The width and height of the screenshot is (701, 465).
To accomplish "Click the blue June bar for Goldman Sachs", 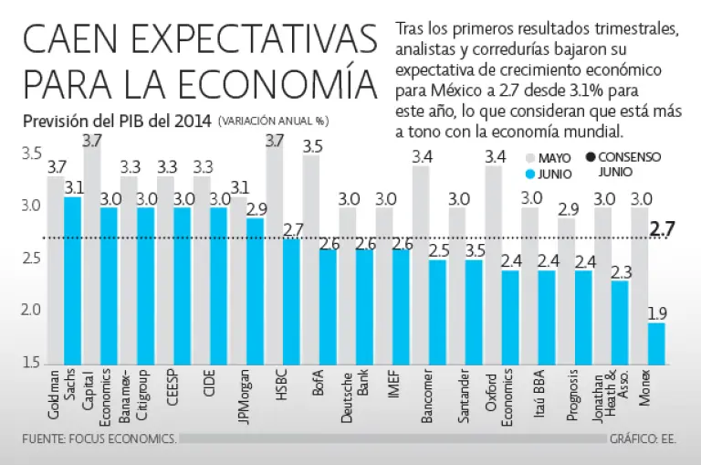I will pos(73,279).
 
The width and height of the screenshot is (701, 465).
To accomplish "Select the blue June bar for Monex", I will pos(656,343).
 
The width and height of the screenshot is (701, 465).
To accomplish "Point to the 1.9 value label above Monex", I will pos(656,313).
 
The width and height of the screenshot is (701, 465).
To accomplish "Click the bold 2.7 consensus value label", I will pos(662,228).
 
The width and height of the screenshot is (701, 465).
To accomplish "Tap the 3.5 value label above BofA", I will pos(312,145).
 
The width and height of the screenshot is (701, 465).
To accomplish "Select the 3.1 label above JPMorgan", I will pos(239,188).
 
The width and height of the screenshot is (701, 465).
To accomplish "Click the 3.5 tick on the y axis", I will pos(32,153).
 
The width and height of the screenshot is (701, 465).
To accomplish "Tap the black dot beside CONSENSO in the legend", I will pos(590,157).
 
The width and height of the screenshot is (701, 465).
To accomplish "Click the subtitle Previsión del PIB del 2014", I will pos(117,121).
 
